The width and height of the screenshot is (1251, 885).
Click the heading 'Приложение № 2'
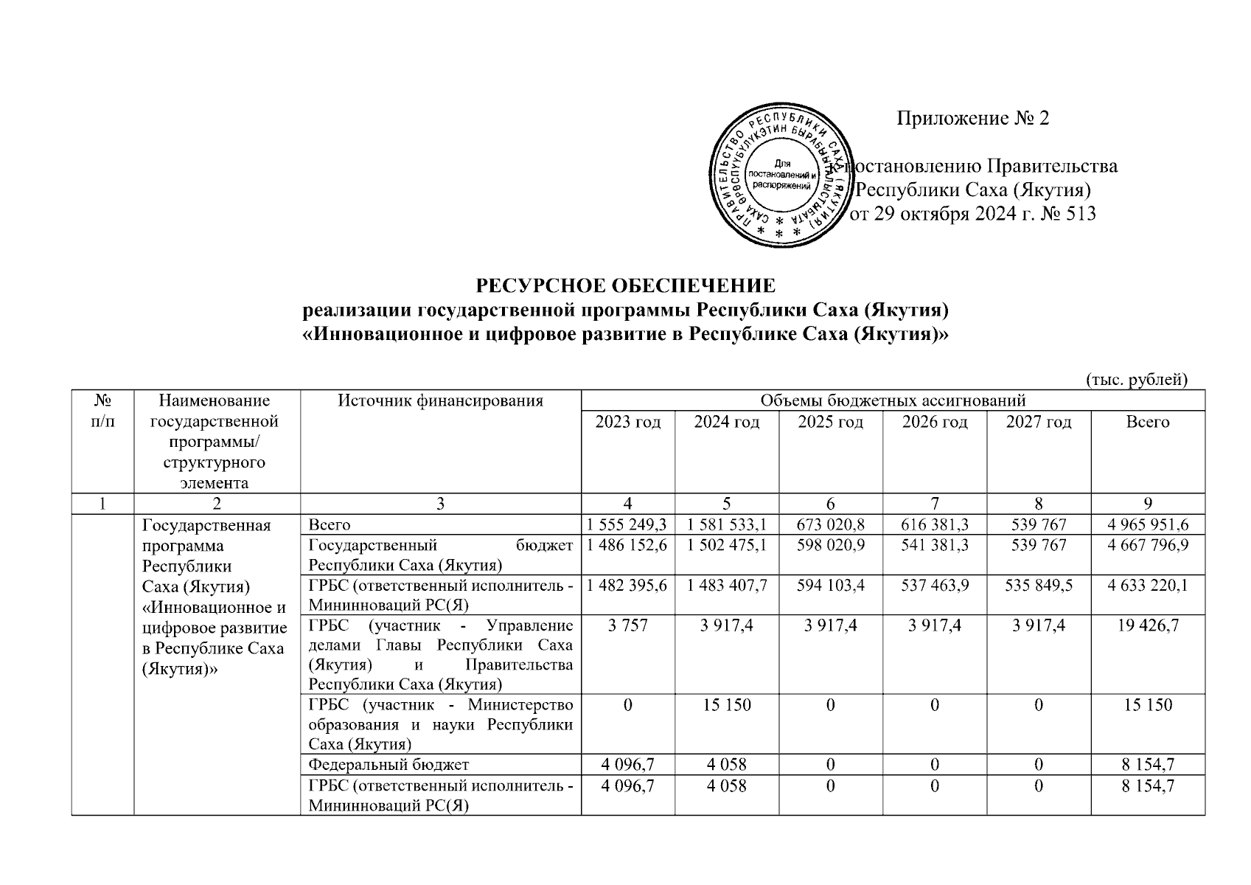pos(972,118)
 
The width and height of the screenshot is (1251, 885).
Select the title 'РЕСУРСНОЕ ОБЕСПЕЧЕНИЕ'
pos(626,285)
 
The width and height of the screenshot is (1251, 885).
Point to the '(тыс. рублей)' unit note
pos(1136,379)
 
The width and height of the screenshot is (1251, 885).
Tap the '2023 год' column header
pos(627,422)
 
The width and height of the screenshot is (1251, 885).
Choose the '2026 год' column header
pos(934,422)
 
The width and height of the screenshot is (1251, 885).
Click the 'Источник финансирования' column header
pos(440,401)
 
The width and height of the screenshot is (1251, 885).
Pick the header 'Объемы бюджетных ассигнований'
pos(892,400)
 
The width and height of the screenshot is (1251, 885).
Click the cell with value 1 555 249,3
pos(627,524)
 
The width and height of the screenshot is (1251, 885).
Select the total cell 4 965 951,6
pos(1148,524)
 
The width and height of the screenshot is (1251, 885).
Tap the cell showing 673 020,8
pos(830,524)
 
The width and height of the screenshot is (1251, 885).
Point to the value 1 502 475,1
pos(726,545)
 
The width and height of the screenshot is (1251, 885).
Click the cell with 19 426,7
pos(1148,625)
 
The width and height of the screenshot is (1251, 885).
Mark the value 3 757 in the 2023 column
pos(627,625)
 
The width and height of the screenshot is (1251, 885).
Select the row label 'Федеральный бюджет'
pos(388,765)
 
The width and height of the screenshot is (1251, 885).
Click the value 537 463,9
pos(934,585)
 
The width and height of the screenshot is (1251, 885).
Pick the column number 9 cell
pos(1148,504)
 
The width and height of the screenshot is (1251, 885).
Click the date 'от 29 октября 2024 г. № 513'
pos(973,215)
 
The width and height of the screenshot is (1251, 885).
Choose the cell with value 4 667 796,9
pos(1148,545)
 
